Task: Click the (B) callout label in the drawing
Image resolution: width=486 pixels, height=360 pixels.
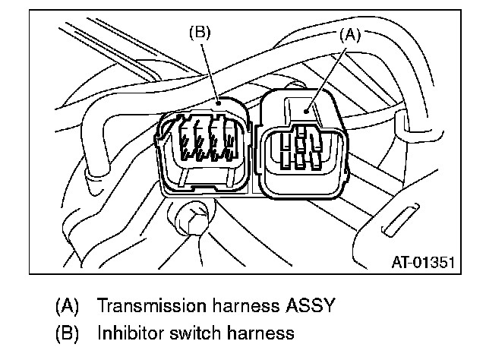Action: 200,33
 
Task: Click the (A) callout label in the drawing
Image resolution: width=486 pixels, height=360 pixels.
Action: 349,33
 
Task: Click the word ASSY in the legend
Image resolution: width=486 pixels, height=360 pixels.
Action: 304,307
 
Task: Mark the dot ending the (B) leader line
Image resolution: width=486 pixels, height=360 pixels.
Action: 218,99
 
